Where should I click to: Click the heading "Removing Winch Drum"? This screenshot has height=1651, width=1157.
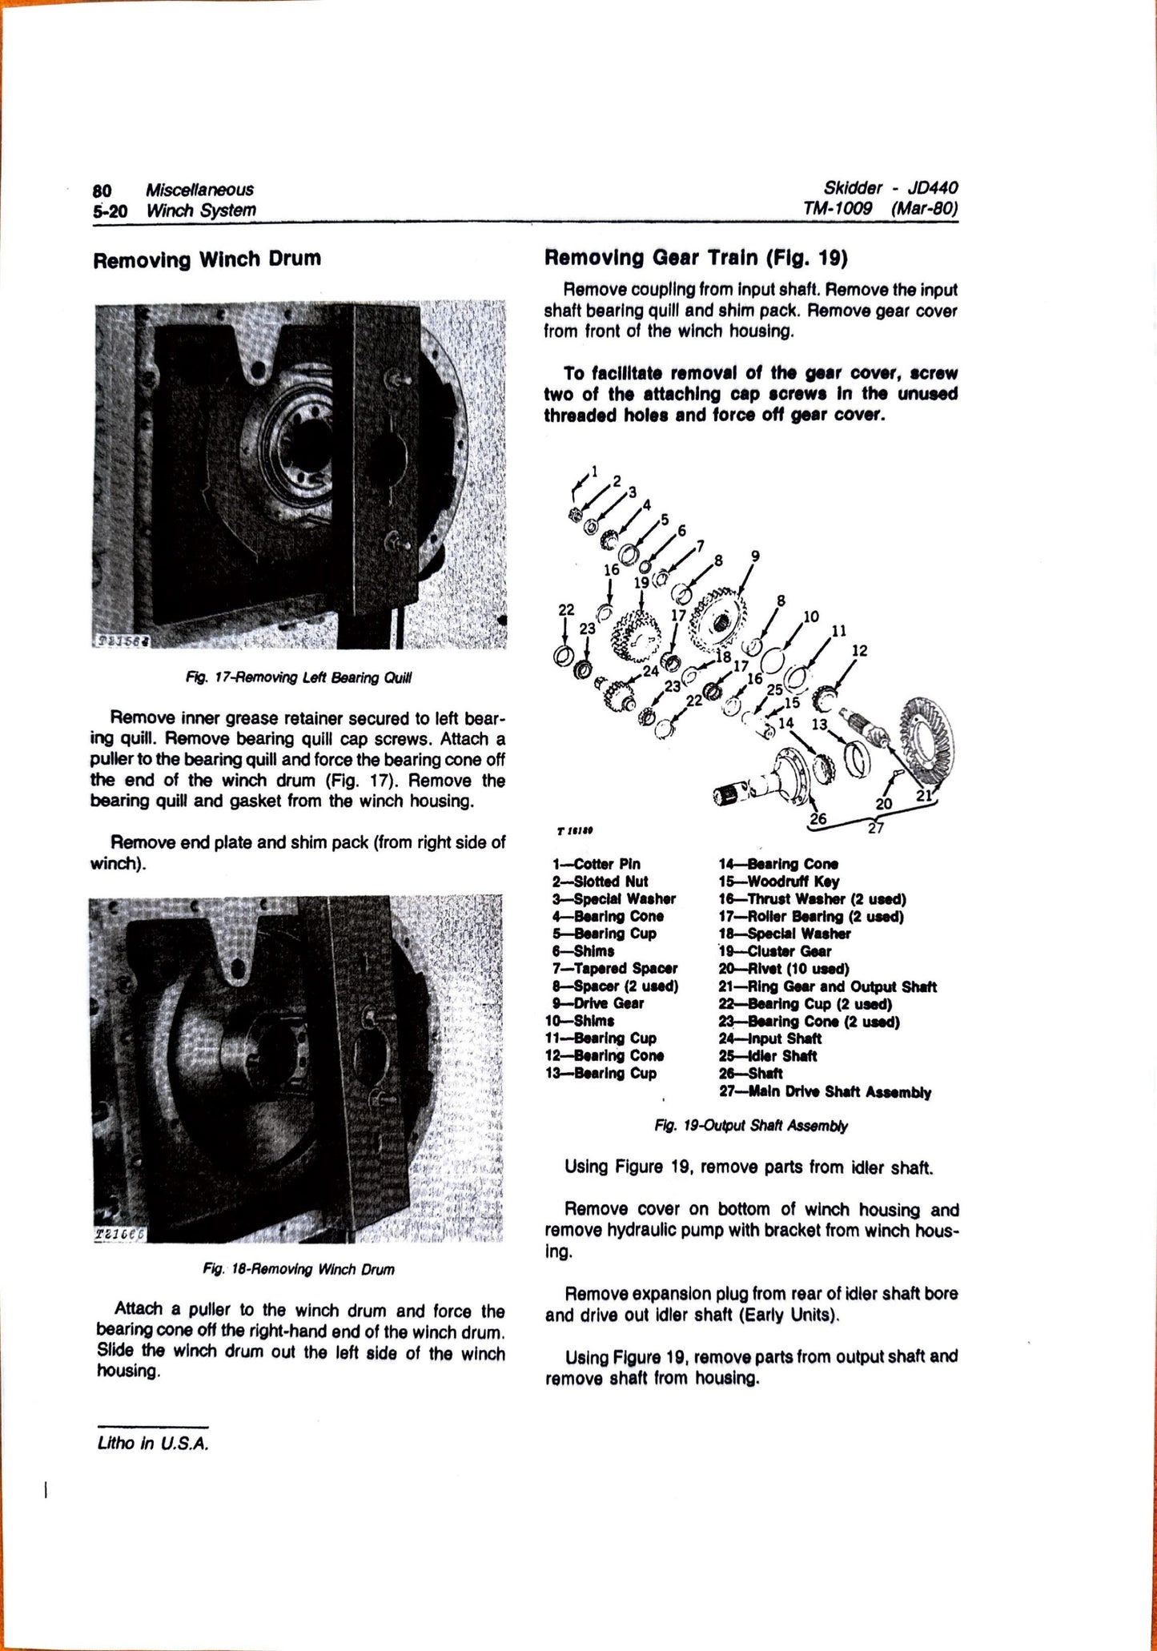click(x=207, y=259)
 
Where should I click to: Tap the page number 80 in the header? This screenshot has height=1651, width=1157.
click(x=102, y=190)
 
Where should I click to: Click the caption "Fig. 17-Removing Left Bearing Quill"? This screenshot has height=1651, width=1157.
click(x=299, y=677)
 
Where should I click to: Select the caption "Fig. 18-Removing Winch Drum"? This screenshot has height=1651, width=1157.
click(x=299, y=1269)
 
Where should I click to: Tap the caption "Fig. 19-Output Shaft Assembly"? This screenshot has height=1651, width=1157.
click(x=750, y=1125)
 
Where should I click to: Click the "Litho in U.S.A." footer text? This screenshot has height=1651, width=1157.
click(x=151, y=1444)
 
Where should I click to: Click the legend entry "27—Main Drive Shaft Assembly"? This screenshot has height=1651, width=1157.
click(x=825, y=1091)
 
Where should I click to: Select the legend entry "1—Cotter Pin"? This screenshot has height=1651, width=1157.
click(x=597, y=864)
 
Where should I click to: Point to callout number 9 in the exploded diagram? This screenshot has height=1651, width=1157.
click(x=754, y=556)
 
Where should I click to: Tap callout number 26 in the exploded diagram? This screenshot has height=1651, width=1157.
click(x=818, y=818)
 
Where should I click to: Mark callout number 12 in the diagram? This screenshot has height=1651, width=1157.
click(x=858, y=651)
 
